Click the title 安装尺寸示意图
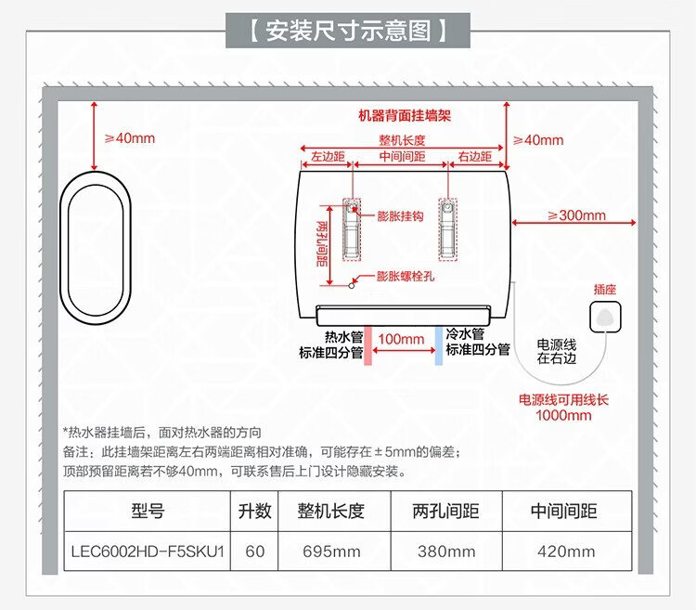coord(348,31)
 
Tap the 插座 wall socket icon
coord(605,317)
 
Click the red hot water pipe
coord(367,345)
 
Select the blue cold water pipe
coord(439,345)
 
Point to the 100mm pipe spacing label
coord(401,339)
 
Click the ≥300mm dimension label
coord(576,215)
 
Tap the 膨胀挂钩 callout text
coord(400,216)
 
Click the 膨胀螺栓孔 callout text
coord(406,276)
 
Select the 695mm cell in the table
coord(331,552)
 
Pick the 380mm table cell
coord(446,552)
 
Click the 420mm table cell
coord(566,552)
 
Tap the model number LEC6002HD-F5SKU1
coord(148,552)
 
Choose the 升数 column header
coord(254,511)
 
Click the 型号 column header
coord(148,511)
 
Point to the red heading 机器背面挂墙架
coord(405,116)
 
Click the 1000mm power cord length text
coord(563,416)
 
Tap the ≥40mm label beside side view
coord(130,138)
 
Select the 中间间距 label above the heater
coord(402,156)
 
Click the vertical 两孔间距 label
coord(322,244)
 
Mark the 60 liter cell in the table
coord(255,552)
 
